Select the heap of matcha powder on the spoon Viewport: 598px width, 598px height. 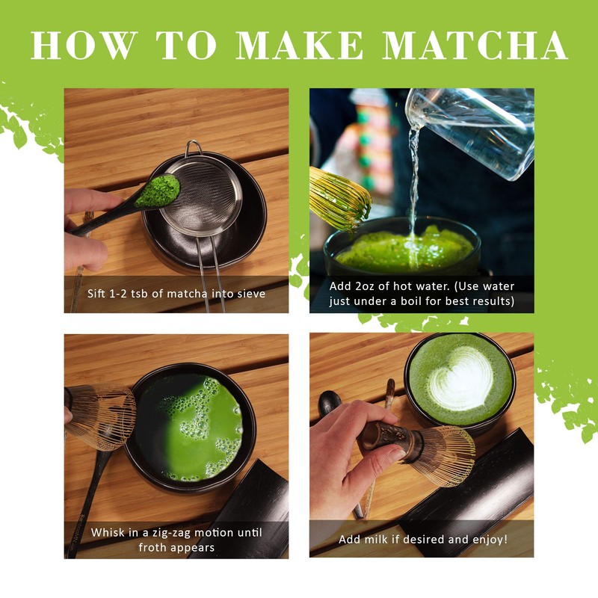click(157, 191)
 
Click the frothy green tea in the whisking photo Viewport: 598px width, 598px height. click(194, 426)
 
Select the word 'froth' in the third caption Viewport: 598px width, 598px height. click(153, 547)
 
